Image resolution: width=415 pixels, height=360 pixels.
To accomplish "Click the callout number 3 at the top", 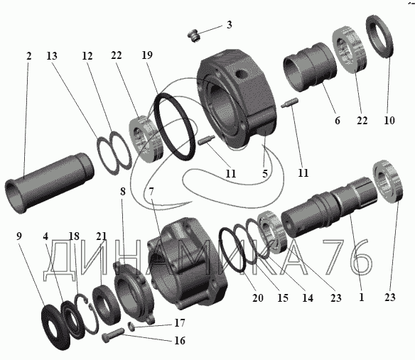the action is pyautogui.click(x=230, y=25).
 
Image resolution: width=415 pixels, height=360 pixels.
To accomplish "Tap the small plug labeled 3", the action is pyautogui.click(x=195, y=36).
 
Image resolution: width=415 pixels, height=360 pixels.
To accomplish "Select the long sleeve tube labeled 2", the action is pyautogui.click(x=50, y=182).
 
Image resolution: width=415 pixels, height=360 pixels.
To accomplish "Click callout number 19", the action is pyautogui.click(x=147, y=55).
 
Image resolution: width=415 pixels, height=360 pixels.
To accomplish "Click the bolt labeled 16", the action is pyautogui.click(x=113, y=334).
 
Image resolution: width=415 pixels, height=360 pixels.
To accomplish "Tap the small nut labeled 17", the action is pyautogui.click(x=131, y=326).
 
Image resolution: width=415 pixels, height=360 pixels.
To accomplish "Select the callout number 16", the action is pyautogui.click(x=180, y=340).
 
